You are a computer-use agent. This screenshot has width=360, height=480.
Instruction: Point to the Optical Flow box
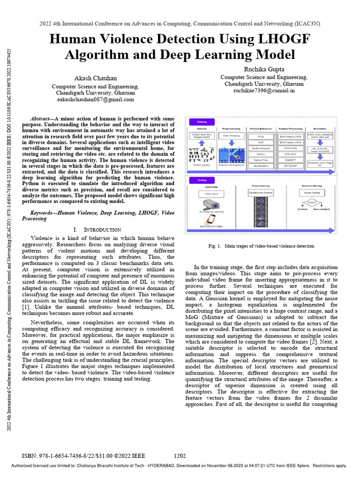[x=261, y=159]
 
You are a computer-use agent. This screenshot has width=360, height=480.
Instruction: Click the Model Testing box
[x=315, y=193]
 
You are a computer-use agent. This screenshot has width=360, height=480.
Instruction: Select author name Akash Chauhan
[x=95, y=78]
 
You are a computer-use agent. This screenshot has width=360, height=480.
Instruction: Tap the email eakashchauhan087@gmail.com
[x=95, y=99]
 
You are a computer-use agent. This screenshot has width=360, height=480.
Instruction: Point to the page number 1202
[x=180, y=456]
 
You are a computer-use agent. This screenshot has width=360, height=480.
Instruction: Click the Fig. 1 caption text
[x=261, y=246]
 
